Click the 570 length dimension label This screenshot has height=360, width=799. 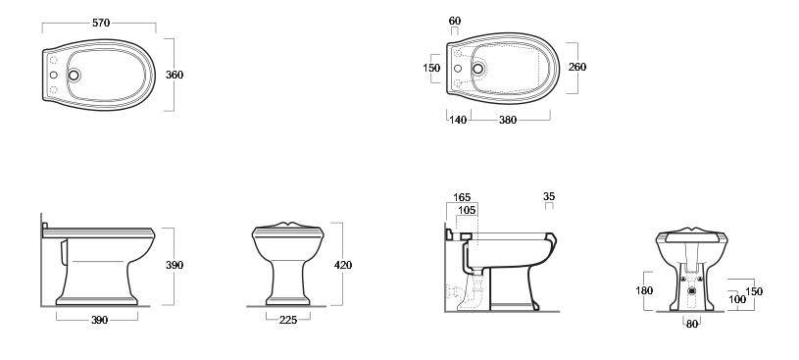coord(101,23)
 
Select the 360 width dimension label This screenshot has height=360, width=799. coord(175,75)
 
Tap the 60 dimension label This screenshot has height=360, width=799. coord(455,21)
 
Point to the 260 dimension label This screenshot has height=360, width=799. coord(577,67)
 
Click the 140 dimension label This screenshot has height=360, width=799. coord(458,120)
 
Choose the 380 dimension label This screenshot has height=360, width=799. coord(508,120)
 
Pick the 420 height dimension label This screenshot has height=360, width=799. coord(343,265)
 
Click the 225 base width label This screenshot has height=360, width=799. coord(288,320)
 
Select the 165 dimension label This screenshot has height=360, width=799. coord(462,197)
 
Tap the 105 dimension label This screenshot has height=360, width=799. coord(467,210)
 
